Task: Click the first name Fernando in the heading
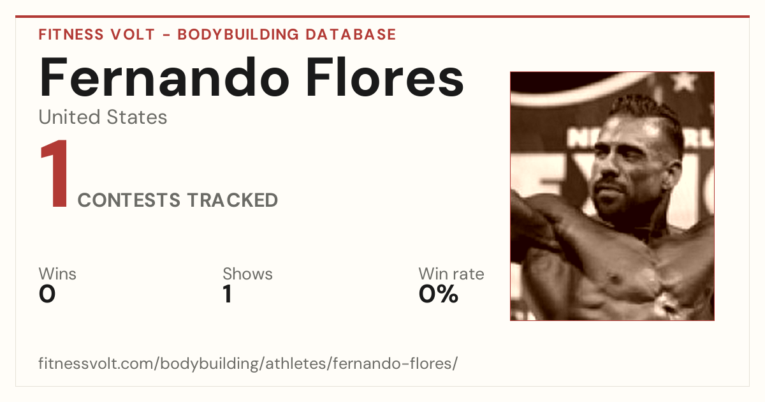pos(164,77)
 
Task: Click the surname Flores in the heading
pos(385,77)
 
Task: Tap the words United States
pos(103,117)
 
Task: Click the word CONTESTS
pos(129,200)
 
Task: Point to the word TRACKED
pos(233,200)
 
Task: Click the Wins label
pos(57,274)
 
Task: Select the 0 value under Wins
pos(47,294)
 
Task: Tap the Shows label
pos(247,274)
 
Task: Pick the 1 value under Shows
pos(228,294)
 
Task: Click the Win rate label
pos(451,274)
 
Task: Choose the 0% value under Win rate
pos(439,294)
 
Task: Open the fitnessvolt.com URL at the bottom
pos(248,363)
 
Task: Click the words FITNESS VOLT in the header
pos(97,34)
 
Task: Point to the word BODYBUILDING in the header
pos(238,34)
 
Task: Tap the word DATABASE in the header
pos(351,34)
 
